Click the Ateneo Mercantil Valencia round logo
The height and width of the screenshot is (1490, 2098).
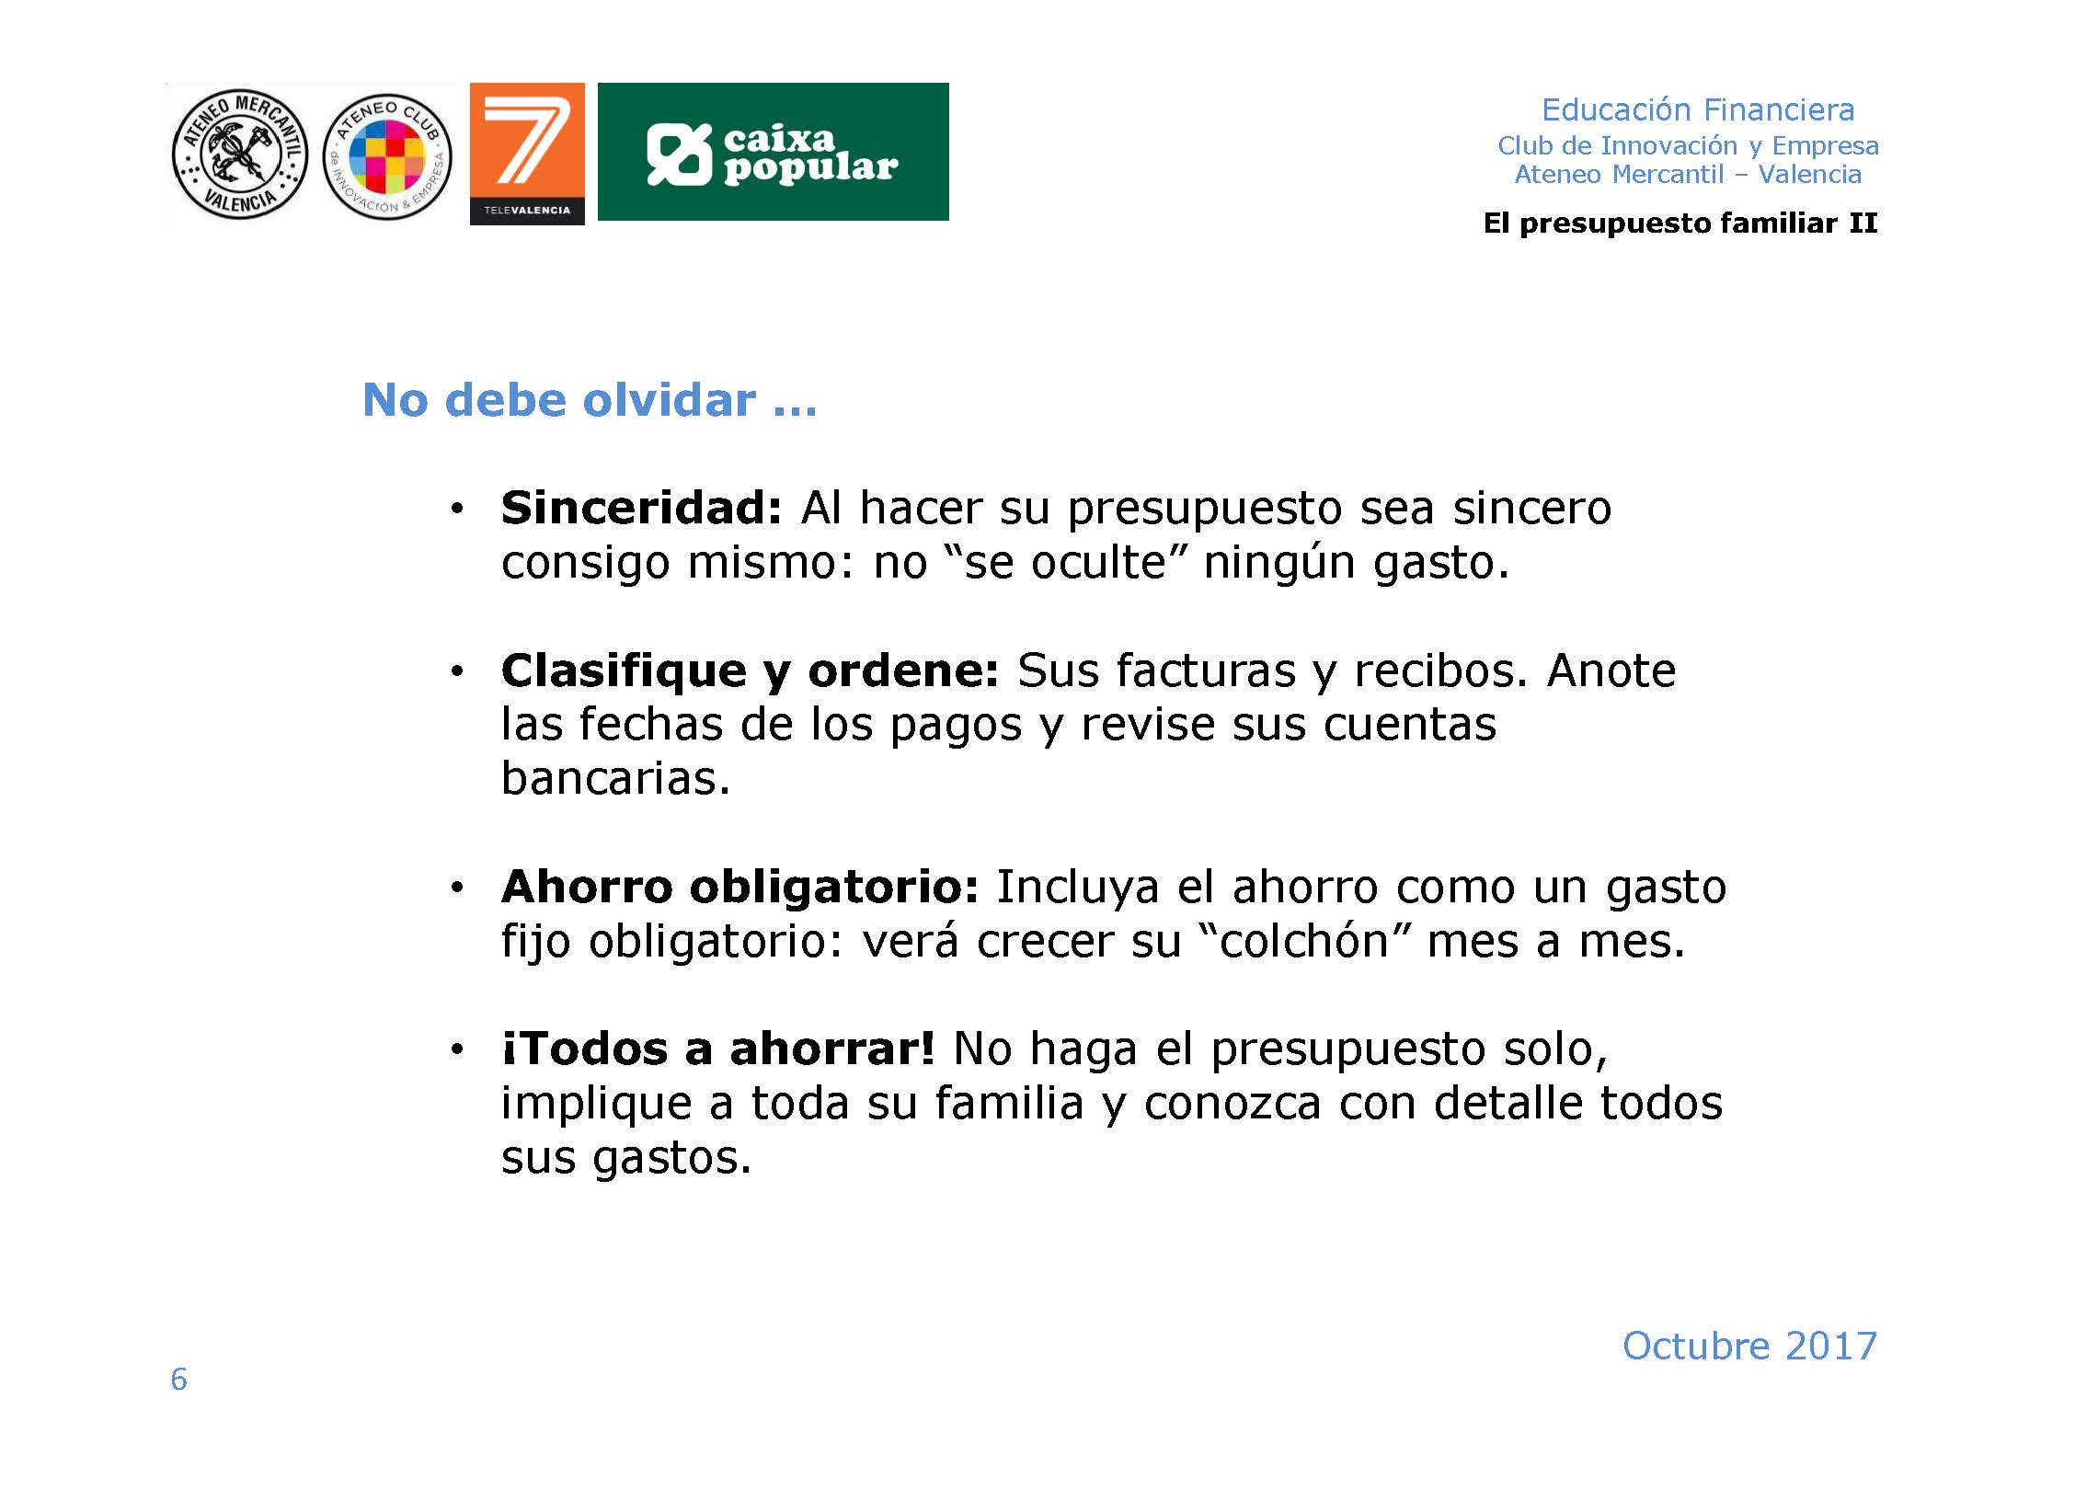coord(239,155)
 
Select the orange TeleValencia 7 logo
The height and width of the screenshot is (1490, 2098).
coord(527,154)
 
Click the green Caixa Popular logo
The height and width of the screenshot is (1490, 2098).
coord(773,152)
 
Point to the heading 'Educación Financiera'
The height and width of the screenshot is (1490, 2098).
coord(1698,110)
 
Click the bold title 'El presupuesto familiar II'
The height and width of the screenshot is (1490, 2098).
coord(1680,223)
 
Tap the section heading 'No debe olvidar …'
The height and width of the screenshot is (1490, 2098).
coord(590,401)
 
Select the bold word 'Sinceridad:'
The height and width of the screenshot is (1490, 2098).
coord(641,508)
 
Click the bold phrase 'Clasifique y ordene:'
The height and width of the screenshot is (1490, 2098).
coord(750,670)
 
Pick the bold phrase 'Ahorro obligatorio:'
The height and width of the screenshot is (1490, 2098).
coord(739,888)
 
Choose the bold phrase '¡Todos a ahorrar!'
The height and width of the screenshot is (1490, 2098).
coord(718,1049)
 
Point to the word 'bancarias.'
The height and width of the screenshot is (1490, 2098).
coord(615,778)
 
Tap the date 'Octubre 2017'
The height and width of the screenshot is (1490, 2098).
coord(1749,1347)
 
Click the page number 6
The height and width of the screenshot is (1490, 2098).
coord(178,1380)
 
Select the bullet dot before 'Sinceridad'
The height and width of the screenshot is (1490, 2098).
coord(456,510)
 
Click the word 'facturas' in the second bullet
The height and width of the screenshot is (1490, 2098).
coord(1206,670)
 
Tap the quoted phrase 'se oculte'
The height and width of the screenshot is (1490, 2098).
coord(1066,562)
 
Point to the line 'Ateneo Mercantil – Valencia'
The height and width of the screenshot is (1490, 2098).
coord(1688,175)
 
